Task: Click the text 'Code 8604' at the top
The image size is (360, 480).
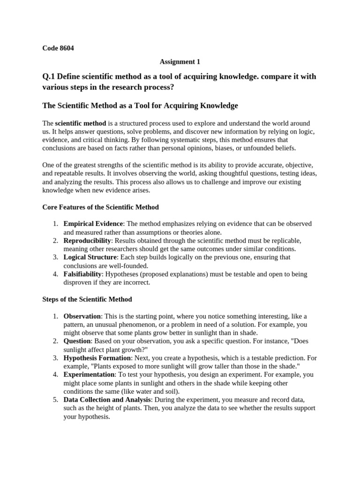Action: pos(58,48)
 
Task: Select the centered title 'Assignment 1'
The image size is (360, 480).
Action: pos(177,61)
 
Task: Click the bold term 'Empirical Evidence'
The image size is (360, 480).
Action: pos(93,224)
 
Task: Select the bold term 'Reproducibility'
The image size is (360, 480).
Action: pos(88,240)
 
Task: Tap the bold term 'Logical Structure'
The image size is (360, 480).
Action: pos(90,257)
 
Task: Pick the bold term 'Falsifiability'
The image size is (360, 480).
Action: pos(82,274)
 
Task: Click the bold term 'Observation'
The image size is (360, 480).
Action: pos(82,316)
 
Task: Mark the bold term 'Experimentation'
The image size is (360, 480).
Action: pos(89,375)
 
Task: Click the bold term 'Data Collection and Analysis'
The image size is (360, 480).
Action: pos(107,399)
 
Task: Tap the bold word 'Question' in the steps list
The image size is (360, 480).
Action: pos(76,341)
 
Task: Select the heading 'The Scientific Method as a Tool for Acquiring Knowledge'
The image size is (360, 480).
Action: pos(140,105)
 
